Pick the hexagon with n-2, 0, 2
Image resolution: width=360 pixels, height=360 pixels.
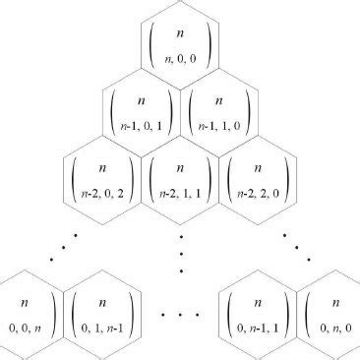coord(101,178)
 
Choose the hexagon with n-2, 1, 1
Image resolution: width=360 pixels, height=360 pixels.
coord(180,178)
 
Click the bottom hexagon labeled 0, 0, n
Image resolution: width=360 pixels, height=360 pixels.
coord(27,314)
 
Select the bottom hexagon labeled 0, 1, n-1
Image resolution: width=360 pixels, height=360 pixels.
coord(101,314)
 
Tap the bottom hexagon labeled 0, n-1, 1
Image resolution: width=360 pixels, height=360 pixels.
coord(258,314)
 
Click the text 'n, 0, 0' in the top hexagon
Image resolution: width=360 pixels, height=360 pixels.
coord(180,62)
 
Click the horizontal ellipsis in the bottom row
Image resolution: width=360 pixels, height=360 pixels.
coord(180,316)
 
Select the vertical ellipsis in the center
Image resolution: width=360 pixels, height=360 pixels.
coord(182,254)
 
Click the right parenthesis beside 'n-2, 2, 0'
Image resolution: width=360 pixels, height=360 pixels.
coord(286,180)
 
